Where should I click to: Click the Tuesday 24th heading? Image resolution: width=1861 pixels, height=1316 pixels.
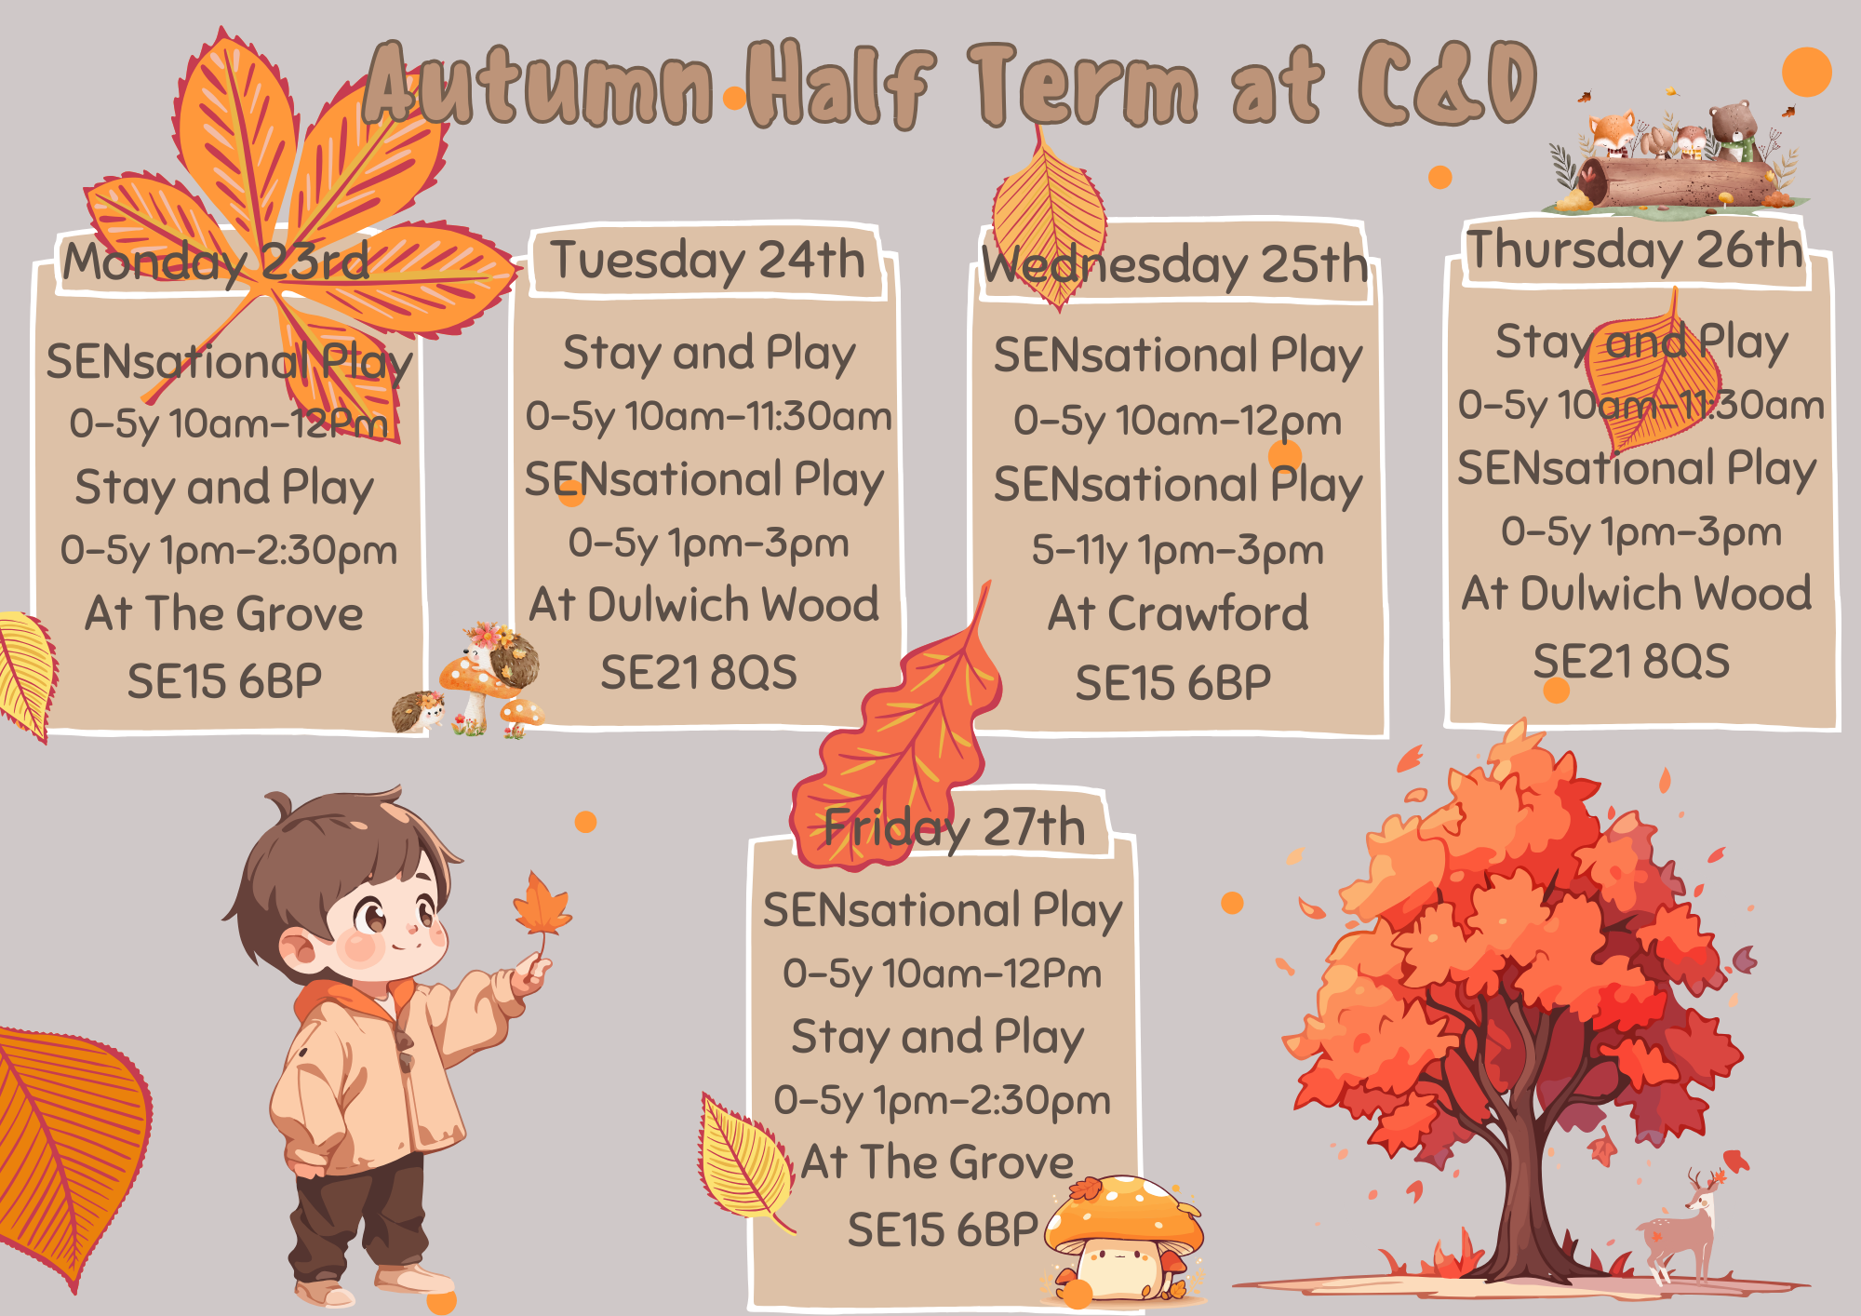pyautogui.click(x=707, y=260)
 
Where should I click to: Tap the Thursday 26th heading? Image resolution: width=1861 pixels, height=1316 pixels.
pyautogui.click(x=1635, y=249)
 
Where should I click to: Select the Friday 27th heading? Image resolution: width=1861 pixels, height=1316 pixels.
pyautogui.click(x=955, y=827)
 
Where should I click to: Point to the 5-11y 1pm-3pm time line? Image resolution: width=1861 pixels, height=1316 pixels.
pyautogui.click(x=1177, y=550)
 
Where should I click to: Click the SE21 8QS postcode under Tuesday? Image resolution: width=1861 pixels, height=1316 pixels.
pyautogui.click(x=699, y=672)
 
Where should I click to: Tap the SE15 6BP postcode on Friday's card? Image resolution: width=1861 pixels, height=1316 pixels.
pyautogui.click(x=943, y=1229)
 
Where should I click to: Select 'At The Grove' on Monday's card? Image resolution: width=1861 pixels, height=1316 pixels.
pyautogui.click(x=224, y=613)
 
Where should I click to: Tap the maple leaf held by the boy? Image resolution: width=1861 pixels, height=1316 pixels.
pyautogui.click(x=542, y=905)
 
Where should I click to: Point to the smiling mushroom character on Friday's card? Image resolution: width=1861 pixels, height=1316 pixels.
pyautogui.click(x=1123, y=1238)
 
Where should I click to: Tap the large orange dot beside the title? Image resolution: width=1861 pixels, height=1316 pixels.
pyautogui.click(x=1807, y=72)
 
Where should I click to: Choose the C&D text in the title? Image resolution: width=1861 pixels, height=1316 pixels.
pyautogui.click(x=1448, y=84)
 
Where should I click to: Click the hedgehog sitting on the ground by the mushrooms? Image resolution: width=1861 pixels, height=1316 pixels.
pyautogui.click(x=418, y=711)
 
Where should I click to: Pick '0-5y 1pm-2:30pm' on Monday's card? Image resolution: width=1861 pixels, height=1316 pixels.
pyautogui.click(x=229, y=550)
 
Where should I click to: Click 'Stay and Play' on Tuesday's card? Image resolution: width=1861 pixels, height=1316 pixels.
pyautogui.click(x=709, y=354)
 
